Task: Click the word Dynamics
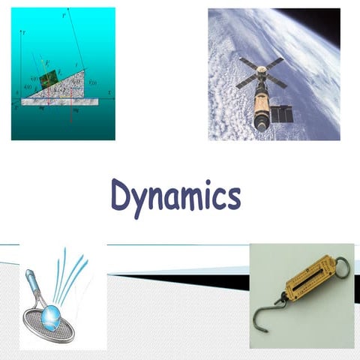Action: click(x=175, y=196)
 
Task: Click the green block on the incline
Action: click(x=49, y=79)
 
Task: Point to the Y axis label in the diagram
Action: click(x=25, y=34)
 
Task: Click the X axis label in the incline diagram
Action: click(x=109, y=94)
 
